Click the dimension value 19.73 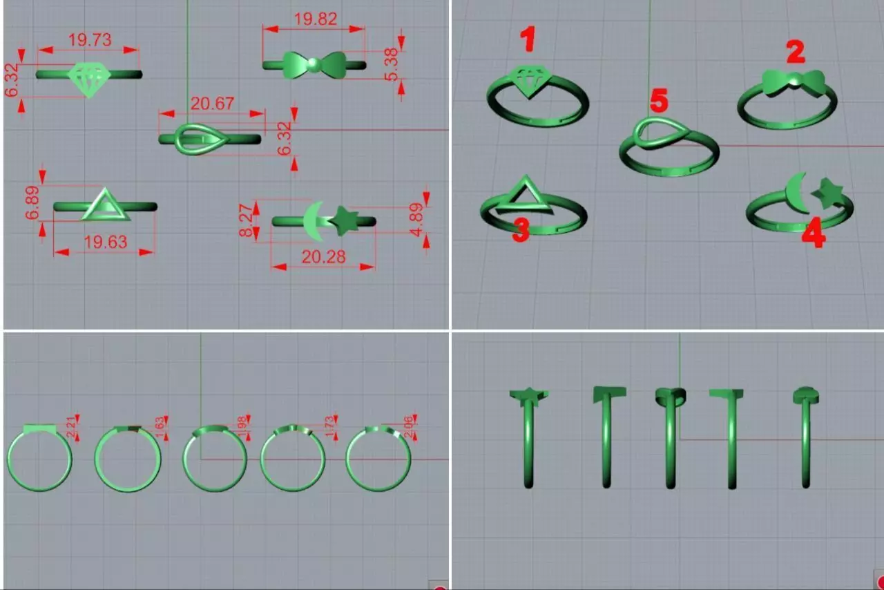click(90, 40)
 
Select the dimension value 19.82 click(315, 19)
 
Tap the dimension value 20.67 click(212, 104)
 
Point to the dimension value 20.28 click(323, 257)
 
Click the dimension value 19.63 click(104, 242)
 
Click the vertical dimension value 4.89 click(416, 220)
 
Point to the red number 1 click(528, 39)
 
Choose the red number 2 click(795, 53)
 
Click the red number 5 click(659, 102)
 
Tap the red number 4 click(812, 235)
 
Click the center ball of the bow click(314, 65)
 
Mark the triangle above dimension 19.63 click(105, 206)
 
